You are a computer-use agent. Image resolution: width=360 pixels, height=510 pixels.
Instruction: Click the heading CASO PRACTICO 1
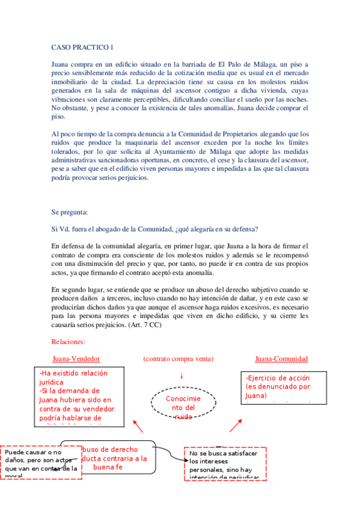tap(82, 47)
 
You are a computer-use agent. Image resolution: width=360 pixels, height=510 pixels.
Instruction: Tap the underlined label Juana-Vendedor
tap(76, 359)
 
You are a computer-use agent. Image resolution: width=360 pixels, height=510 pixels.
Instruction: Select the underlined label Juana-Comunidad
tap(281, 359)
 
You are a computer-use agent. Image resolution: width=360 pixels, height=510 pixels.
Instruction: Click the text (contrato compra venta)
tap(178, 359)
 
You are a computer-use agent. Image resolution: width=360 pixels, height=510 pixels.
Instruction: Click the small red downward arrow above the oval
tap(182, 376)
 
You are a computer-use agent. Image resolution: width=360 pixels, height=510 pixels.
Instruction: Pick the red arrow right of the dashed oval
tap(235, 426)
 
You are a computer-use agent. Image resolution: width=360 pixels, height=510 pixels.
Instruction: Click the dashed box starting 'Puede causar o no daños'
tap(41, 462)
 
